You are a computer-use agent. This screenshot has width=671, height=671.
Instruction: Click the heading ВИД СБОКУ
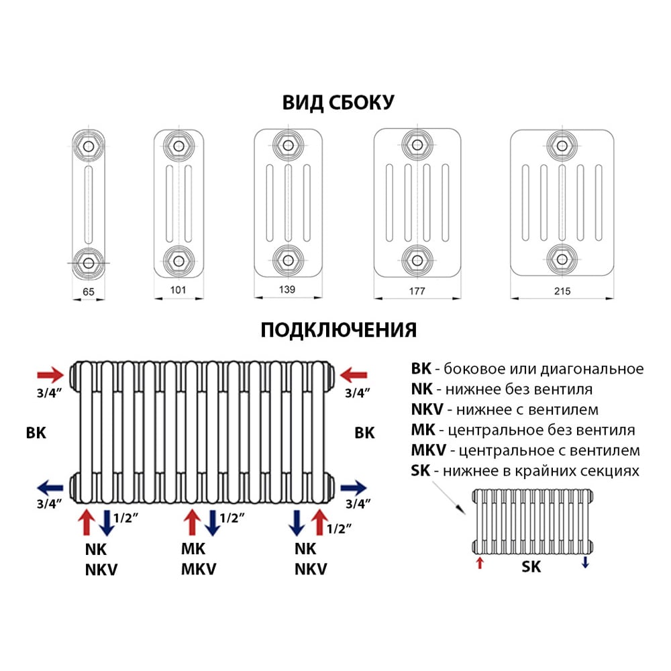coord(338,103)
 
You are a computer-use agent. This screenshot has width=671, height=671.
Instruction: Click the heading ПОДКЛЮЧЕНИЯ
coord(338,330)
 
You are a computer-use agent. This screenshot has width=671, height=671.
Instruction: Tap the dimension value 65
coord(89,292)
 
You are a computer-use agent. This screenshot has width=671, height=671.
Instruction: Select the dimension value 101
coord(178,290)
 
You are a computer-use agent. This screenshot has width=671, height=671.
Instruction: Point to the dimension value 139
coord(287,290)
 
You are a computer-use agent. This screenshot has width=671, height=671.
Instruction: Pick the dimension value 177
coord(417,291)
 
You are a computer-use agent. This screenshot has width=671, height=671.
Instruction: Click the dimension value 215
coord(562,291)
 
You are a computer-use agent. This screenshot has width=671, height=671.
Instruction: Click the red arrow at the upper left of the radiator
coord(50,375)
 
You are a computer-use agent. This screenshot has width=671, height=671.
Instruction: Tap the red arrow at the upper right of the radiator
coord(354,375)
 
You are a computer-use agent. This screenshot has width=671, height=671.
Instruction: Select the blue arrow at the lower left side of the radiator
coord(50,488)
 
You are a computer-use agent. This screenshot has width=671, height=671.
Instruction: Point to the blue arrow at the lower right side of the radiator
coord(354,488)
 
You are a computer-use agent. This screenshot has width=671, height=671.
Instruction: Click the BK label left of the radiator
coord(36,433)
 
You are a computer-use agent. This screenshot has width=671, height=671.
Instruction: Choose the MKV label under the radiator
coord(199,570)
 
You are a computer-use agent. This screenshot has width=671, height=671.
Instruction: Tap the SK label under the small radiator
coord(531,567)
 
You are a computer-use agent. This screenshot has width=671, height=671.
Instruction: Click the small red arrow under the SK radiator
coord(480,563)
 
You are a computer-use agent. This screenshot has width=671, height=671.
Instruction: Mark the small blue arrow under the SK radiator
coord(585,562)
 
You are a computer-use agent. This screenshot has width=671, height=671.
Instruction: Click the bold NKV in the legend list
coord(427,409)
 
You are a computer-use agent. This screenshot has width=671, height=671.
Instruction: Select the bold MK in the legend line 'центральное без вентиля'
coord(423,429)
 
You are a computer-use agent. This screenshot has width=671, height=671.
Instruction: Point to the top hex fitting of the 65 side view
coord(89,147)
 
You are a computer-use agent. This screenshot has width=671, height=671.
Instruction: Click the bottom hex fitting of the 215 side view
coord(562,259)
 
